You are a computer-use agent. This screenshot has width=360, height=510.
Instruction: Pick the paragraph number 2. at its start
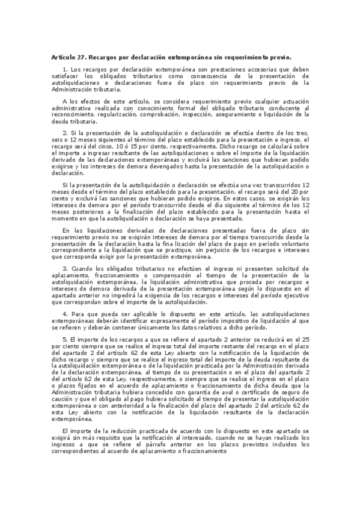[x=65, y=132]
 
